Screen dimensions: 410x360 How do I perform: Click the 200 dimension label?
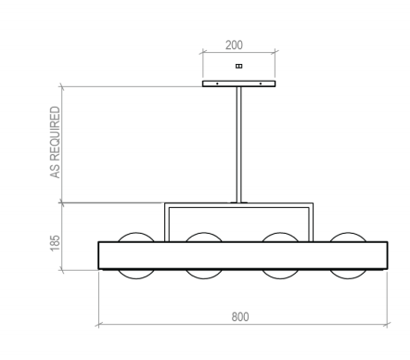234,45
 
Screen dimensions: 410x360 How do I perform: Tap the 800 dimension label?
240,317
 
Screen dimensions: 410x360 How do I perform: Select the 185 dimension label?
55,243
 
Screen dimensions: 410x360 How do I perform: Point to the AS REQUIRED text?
55,142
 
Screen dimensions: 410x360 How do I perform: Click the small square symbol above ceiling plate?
238,66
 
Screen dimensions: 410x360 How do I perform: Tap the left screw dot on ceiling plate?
217,84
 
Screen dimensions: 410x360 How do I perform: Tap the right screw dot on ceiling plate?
261,84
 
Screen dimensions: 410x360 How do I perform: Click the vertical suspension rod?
238,145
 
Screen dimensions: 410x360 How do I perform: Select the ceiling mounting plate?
238,84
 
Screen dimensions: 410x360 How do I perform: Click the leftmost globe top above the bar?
136,234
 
